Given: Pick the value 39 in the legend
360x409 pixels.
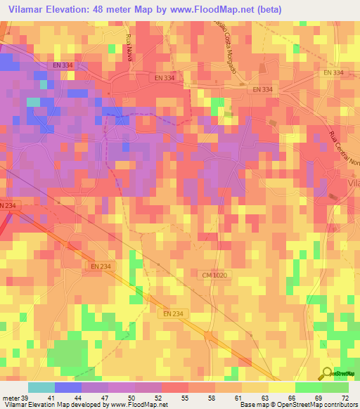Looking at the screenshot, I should point(26,398).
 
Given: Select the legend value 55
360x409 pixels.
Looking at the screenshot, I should point(186,398).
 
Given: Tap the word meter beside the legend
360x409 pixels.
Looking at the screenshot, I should point(10,398).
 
